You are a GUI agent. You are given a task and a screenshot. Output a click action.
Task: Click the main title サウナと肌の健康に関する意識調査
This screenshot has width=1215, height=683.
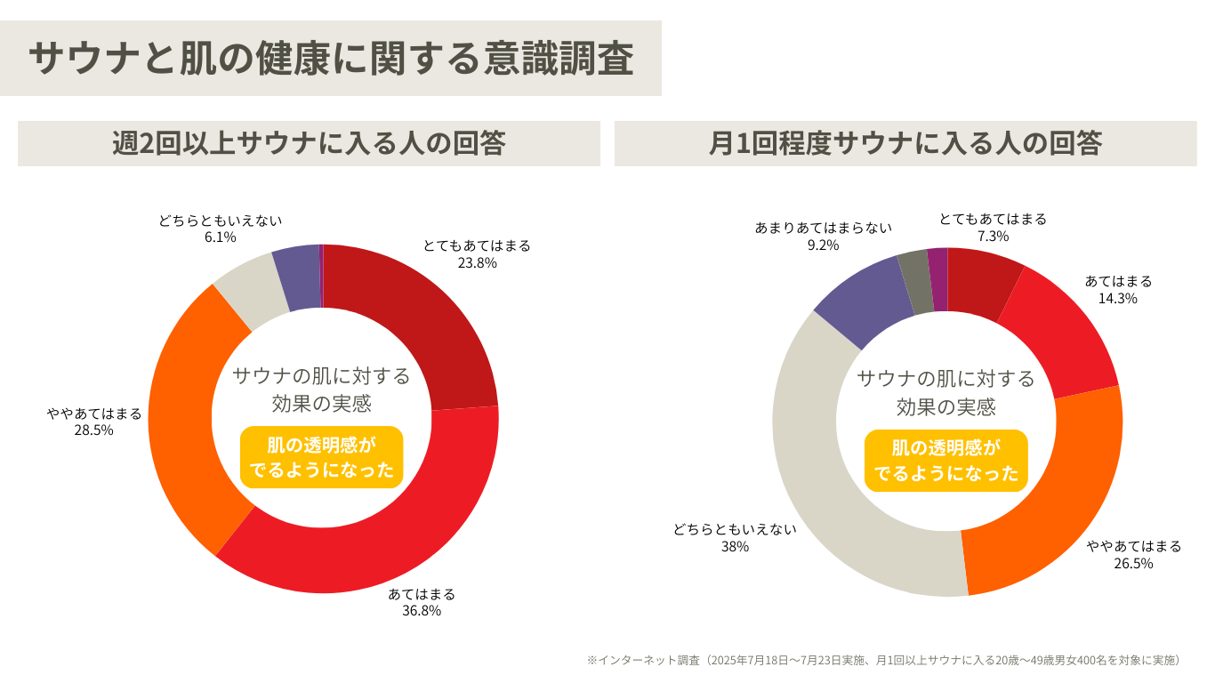[330, 59]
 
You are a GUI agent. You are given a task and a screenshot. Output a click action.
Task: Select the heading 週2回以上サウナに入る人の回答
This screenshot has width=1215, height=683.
[309, 143]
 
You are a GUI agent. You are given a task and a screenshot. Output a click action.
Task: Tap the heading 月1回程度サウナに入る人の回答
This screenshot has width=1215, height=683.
[905, 143]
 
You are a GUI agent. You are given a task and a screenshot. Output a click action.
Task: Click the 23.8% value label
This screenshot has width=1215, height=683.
[477, 262]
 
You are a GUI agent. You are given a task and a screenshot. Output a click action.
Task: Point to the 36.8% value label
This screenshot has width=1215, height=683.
[422, 610]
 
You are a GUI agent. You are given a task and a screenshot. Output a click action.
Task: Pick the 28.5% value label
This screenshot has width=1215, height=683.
[94, 430]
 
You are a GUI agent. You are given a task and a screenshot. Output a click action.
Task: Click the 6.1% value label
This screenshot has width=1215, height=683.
[220, 237]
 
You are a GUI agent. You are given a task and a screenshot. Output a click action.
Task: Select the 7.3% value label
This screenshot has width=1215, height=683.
[993, 236]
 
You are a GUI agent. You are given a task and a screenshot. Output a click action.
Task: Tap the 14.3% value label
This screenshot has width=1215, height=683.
[1118, 298]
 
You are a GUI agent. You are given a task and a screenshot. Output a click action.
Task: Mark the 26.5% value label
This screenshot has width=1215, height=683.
[1134, 563]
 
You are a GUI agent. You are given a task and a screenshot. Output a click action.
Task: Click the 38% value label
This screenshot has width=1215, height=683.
[735, 546]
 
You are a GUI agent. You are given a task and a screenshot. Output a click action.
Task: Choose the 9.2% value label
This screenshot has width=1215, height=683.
[823, 245]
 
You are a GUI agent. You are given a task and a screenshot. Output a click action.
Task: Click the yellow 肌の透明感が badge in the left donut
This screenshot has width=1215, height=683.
[322, 457]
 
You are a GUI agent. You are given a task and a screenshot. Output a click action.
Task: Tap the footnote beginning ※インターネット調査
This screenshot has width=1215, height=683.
[885, 660]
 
